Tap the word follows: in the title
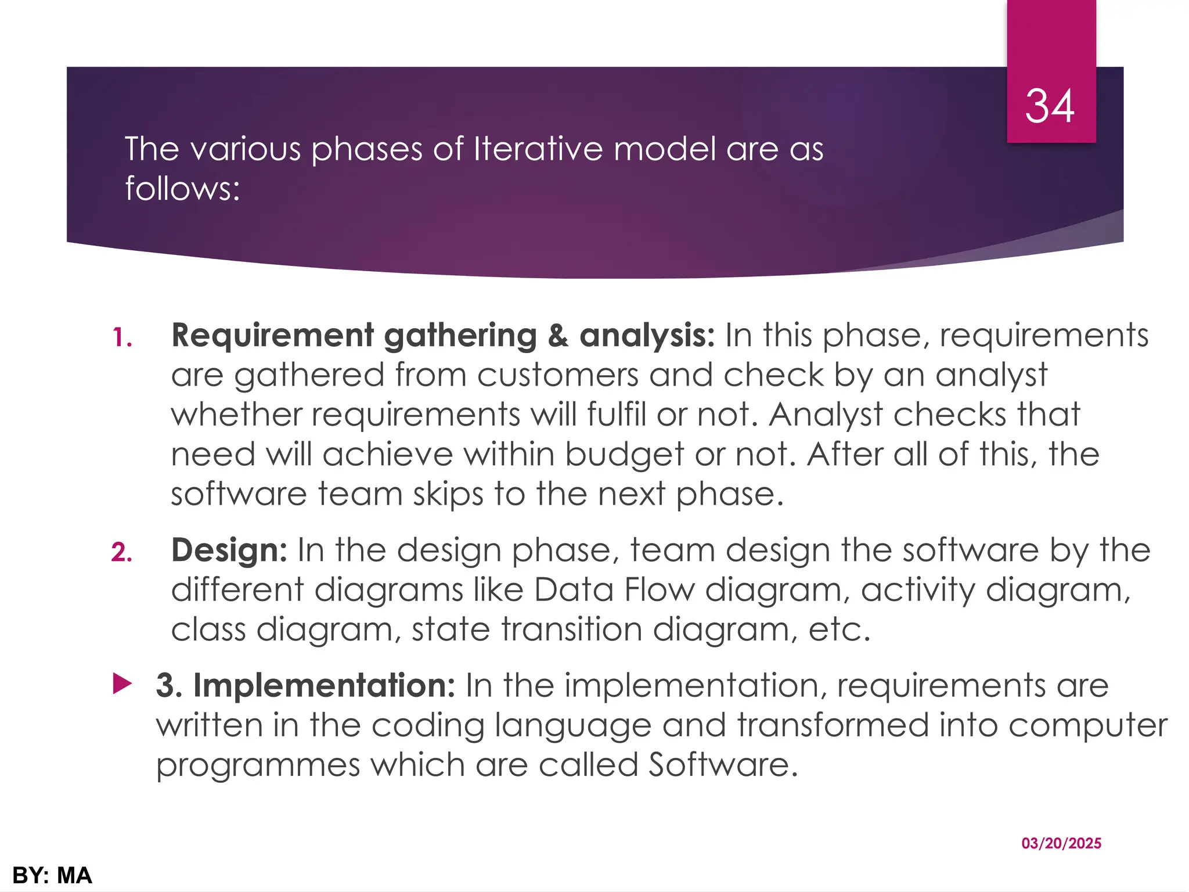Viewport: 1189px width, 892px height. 182,189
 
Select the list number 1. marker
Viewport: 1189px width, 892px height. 122,338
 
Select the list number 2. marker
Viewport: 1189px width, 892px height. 122,552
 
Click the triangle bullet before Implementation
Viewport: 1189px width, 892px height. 122,684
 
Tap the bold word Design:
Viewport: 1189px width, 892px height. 229,550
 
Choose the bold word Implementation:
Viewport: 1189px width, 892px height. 324,685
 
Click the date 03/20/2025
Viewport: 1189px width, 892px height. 1061,843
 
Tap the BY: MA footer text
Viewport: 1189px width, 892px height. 52,875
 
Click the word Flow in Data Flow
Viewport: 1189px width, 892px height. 659,590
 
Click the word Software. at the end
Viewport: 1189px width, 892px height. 723,765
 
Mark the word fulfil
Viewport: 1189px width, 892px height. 616,415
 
